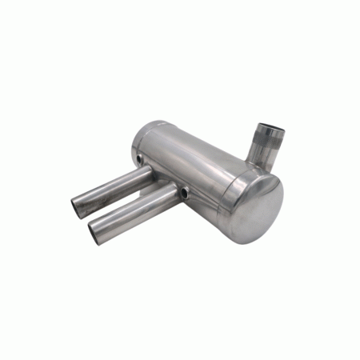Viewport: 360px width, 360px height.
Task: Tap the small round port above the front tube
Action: (x=185, y=192)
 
